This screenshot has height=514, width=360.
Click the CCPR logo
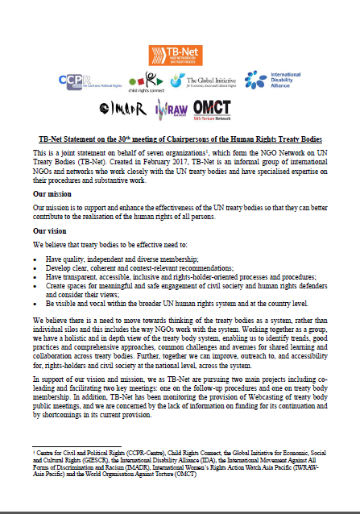[88, 81]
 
